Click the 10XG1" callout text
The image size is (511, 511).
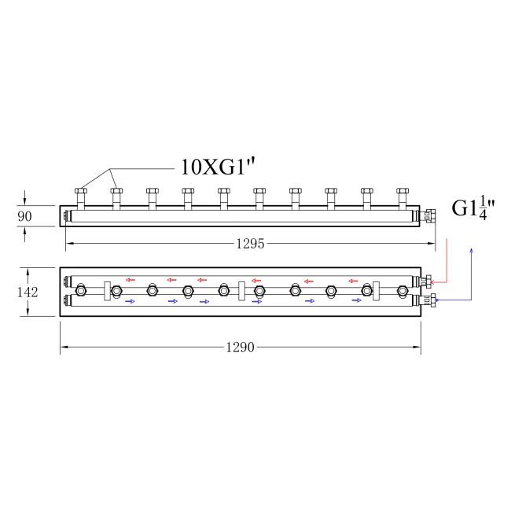pos(217,167)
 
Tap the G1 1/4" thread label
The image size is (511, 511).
pos(473,208)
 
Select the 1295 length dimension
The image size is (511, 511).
pos(250,244)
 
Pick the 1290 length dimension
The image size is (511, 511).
pos(241,347)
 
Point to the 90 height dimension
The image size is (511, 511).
pos(25,216)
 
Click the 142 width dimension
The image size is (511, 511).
pos(28,292)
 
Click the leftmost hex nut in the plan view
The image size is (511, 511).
pos(80,290)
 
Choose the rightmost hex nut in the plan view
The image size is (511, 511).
pos(403,290)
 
